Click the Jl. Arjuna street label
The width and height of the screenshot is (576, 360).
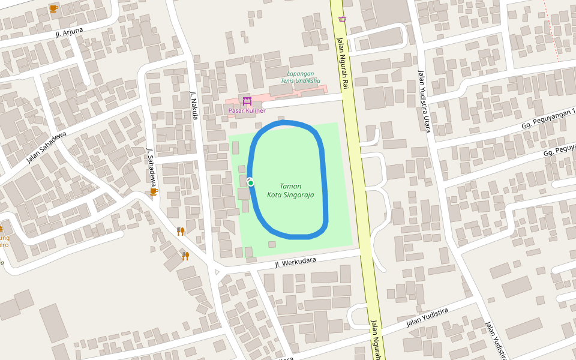[x=69, y=32]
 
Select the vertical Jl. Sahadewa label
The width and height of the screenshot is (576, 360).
[x=152, y=166]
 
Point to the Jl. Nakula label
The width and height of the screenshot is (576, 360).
[x=194, y=105]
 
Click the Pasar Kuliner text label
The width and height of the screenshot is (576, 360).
[x=247, y=110]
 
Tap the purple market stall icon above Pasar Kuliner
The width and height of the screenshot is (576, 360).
[x=247, y=100]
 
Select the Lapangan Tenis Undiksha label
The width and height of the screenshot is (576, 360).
[x=300, y=77]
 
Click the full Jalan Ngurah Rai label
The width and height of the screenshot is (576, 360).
[x=342, y=63]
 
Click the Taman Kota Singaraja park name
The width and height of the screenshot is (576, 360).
[x=290, y=190]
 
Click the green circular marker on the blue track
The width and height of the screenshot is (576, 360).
[x=251, y=182]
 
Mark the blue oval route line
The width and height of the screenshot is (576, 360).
[x=326, y=180]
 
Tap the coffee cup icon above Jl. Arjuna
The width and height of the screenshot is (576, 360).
[x=53, y=8]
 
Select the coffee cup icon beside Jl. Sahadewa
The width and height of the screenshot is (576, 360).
[x=154, y=191]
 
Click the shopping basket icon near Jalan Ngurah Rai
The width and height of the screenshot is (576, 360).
[x=342, y=19]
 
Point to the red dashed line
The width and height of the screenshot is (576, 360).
[x=553, y=30]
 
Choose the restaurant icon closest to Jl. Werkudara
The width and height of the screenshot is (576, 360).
[x=185, y=256]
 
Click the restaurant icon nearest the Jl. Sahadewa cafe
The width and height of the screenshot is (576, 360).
[x=180, y=231]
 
